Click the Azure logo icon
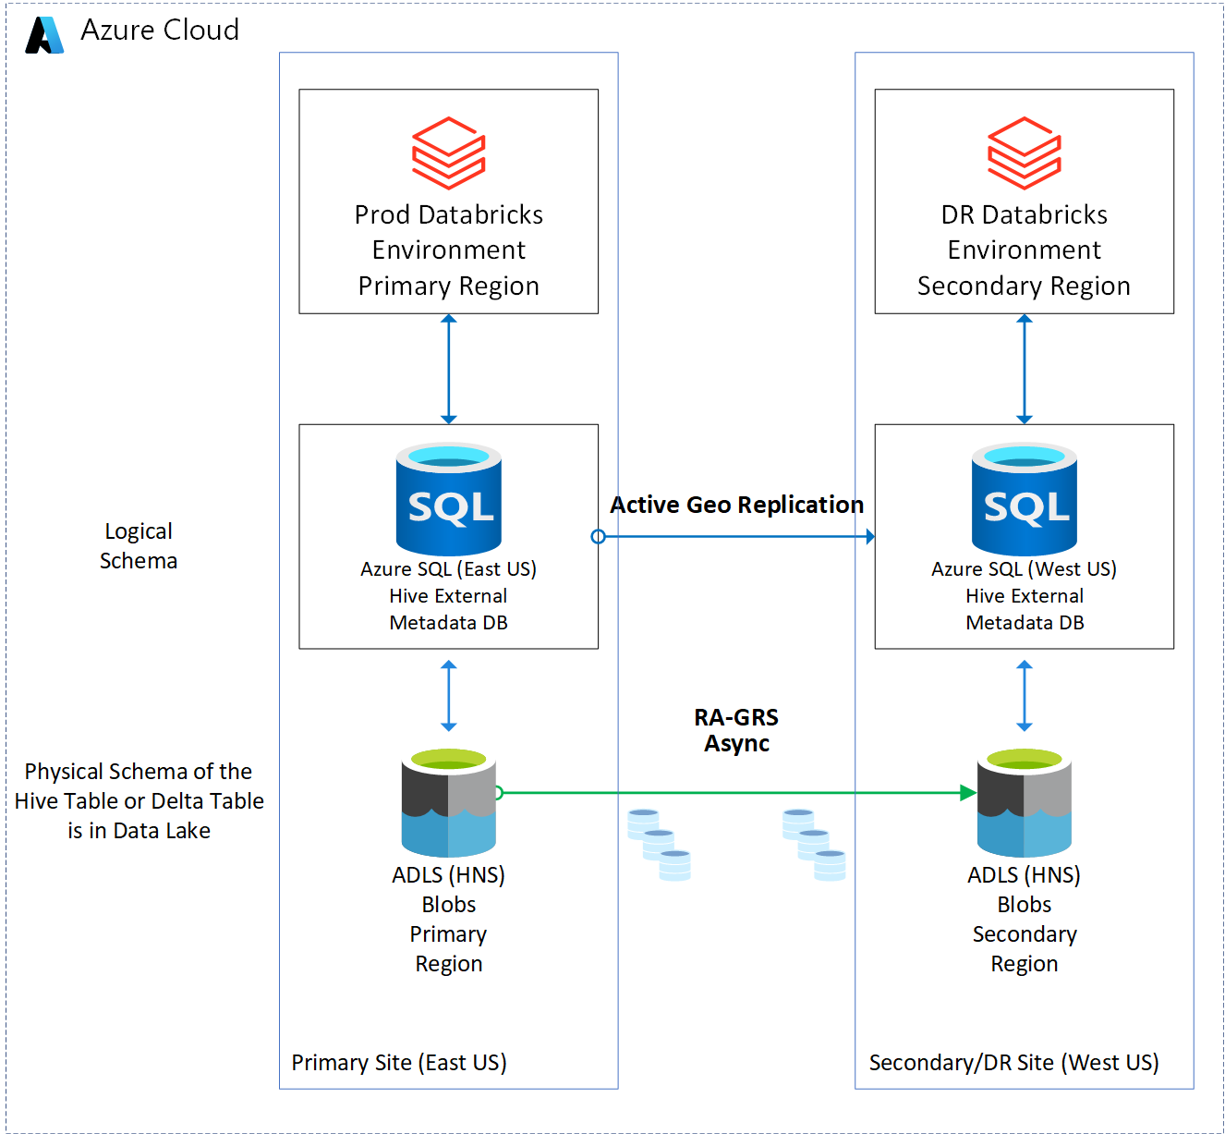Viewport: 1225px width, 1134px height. pyautogui.click(x=44, y=35)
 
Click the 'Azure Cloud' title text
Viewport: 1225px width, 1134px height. pyautogui.click(x=160, y=30)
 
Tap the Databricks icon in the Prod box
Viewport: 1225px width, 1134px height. pyautogui.click(x=449, y=152)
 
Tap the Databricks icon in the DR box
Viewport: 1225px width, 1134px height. pyautogui.click(x=1025, y=152)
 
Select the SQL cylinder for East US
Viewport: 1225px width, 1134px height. pyautogui.click(x=449, y=499)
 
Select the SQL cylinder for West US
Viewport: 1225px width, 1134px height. pyautogui.click(x=1025, y=499)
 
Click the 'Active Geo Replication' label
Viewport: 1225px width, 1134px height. pyautogui.click(x=736, y=505)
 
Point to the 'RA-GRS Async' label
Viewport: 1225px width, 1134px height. pyautogui.click(x=736, y=730)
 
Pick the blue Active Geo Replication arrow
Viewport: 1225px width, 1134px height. pyautogui.click(x=736, y=537)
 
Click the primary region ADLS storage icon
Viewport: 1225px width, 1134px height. pyautogui.click(x=449, y=803)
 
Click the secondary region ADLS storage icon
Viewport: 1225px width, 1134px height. pyautogui.click(x=1025, y=803)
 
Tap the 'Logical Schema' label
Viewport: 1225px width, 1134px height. pyautogui.click(x=139, y=545)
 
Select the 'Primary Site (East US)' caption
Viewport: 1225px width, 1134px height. pyautogui.click(x=399, y=1063)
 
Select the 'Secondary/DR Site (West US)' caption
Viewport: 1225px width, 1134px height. pyautogui.click(x=1013, y=1063)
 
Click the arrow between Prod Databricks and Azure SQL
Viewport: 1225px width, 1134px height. pyautogui.click(x=449, y=369)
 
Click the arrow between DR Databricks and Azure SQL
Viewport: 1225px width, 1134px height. pyautogui.click(x=1025, y=369)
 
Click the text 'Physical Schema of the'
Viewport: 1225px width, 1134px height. pyautogui.click(x=139, y=772)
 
